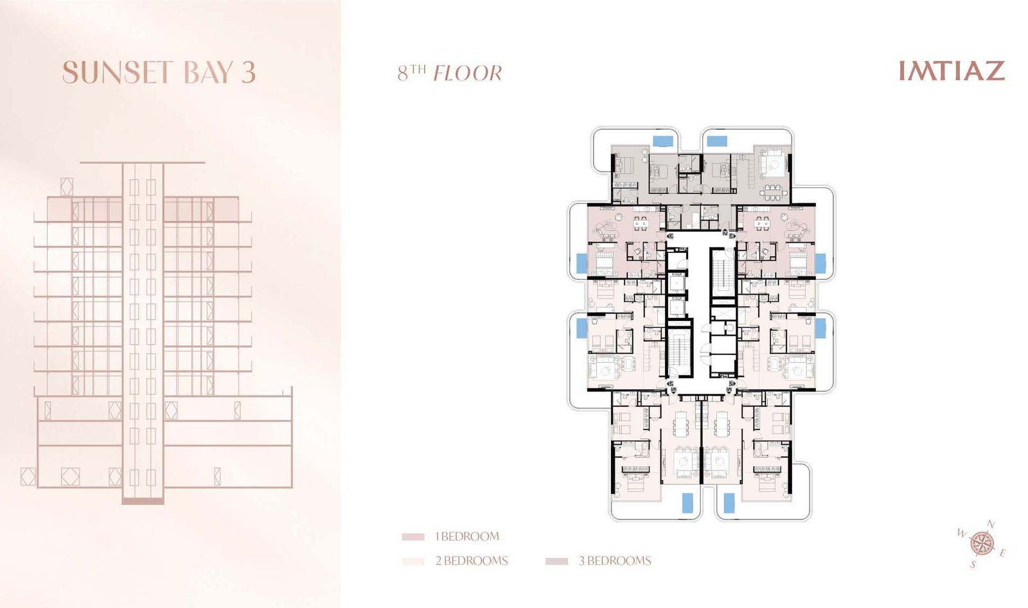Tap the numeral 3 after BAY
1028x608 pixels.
[x=248, y=73]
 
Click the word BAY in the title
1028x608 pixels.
[x=208, y=73]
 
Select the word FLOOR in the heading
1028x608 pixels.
[x=468, y=73]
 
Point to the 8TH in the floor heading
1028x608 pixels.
[x=412, y=73]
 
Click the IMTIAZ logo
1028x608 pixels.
[x=952, y=71]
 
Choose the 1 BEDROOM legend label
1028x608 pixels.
[x=467, y=536]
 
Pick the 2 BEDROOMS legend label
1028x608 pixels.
[x=472, y=560]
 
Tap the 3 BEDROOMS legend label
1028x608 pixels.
[x=615, y=560]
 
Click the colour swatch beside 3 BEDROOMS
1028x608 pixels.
[x=556, y=561]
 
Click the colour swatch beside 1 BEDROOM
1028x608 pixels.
[x=413, y=537]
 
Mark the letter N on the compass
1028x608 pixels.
[x=991, y=524]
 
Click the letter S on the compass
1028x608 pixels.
[x=973, y=565]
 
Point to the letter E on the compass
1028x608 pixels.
[x=1003, y=553]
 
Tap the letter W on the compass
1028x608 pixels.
[x=962, y=533]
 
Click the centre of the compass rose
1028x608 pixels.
[x=982, y=544]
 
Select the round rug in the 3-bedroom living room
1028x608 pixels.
[x=774, y=164]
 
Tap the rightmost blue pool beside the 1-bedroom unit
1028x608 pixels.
[x=820, y=263]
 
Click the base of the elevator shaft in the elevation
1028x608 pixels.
[x=143, y=501]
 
